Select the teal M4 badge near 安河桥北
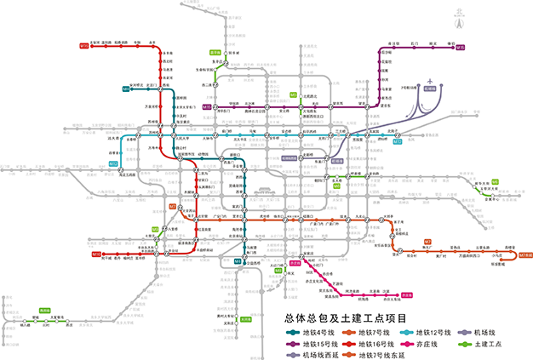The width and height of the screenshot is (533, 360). pyautogui.click(x=125, y=89)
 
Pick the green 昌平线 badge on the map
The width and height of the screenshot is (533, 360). pyautogui.click(x=215, y=53)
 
